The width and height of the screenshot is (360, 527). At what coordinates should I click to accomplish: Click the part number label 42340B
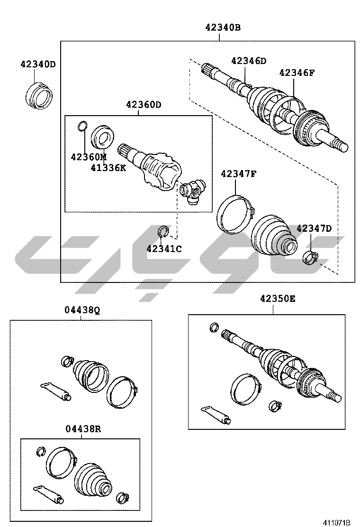click(x=223, y=27)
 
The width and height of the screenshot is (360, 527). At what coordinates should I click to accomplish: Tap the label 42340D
click(x=38, y=64)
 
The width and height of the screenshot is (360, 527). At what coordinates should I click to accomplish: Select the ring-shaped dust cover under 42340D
click(x=39, y=95)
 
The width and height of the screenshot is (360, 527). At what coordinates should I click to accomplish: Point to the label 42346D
click(x=249, y=61)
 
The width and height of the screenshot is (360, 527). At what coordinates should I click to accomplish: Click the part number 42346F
click(x=297, y=73)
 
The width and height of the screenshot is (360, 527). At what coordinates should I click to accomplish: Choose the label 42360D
click(x=144, y=105)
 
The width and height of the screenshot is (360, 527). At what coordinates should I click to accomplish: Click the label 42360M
click(x=88, y=156)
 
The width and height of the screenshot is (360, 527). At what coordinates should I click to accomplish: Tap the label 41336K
click(x=108, y=167)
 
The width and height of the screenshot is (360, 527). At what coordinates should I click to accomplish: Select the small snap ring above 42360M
click(x=82, y=126)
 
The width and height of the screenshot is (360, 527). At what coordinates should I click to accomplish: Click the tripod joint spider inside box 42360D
click(x=192, y=191)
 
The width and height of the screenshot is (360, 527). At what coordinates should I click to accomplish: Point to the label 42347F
click(x=238, y=174)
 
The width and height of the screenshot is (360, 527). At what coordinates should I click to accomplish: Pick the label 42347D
click(x=314, y=228)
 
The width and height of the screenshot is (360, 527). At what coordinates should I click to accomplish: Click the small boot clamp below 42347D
click(x=310, y=258)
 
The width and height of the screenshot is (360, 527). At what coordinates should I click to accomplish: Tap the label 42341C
click(x=164, y=249)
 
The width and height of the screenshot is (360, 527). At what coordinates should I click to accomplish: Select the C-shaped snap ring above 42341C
click(x=162, y=231)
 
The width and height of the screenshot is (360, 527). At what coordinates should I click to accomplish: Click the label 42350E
click(x=278, y=299)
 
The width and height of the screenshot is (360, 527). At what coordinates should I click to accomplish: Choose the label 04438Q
click(x=82, y=311)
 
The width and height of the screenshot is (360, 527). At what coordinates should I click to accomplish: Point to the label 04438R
click(x=83, y=429)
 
